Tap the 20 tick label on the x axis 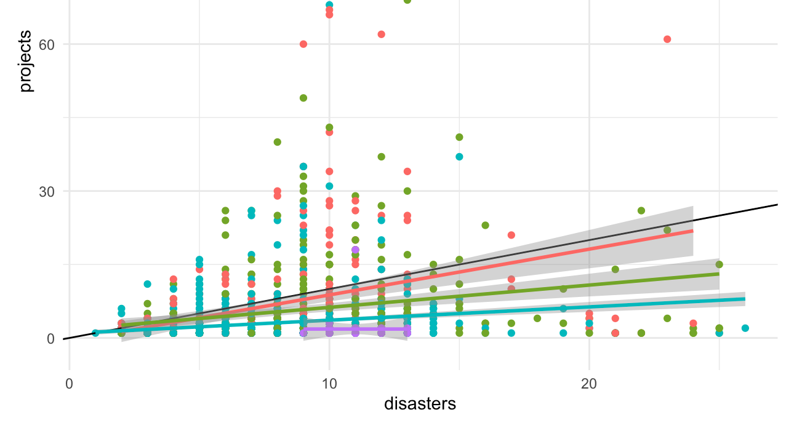coord(589,384)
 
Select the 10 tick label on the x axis coord(329,384)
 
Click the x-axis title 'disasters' coord(420,404)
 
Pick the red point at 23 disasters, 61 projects coord(667,39)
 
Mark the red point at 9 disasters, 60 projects coord(303,44)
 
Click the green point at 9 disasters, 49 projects coord(303,98)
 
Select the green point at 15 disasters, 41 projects coord(459,137)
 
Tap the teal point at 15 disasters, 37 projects coord(459,157)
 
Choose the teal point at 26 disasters coord(745,328)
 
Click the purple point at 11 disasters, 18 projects coord(355,250)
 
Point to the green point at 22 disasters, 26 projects coord(641,211)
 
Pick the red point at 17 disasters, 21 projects coord(511,235)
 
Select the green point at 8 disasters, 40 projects coord(278,142)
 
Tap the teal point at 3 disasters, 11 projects coord(148,284)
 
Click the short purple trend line coord(355,329)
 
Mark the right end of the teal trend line coord(745,299)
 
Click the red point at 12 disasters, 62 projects coord(381,34)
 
